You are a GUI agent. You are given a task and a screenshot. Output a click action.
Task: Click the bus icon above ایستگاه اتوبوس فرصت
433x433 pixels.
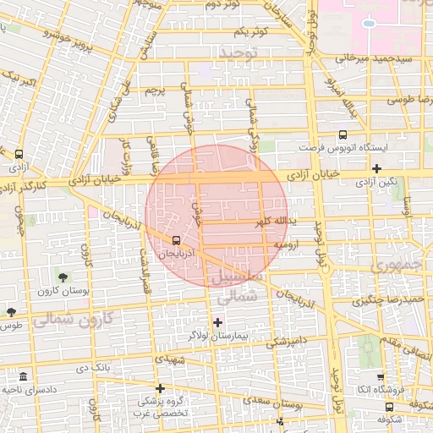click(343, 134)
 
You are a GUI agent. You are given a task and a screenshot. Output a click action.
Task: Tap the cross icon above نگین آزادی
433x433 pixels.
click(376, 168)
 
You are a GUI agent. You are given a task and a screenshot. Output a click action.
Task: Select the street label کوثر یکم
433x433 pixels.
click(252, 32)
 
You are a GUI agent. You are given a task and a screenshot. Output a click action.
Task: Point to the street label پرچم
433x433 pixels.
click(153, 90)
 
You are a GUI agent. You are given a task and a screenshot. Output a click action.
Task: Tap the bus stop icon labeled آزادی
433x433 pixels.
click(19, 154)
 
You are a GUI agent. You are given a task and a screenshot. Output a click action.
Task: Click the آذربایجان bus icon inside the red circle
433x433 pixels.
click(175, 239)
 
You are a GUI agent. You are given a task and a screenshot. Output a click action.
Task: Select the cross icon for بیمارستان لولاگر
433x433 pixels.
click(218, 321)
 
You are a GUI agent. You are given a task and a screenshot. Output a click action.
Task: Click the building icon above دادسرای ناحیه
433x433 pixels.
click(22, 375)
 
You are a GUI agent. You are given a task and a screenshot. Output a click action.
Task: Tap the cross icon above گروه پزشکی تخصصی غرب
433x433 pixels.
click(160, 387)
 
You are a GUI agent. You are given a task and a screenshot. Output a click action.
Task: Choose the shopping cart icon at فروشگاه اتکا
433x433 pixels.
click(380, 378)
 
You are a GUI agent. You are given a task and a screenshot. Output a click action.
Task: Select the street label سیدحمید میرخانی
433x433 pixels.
click(372, 60)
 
